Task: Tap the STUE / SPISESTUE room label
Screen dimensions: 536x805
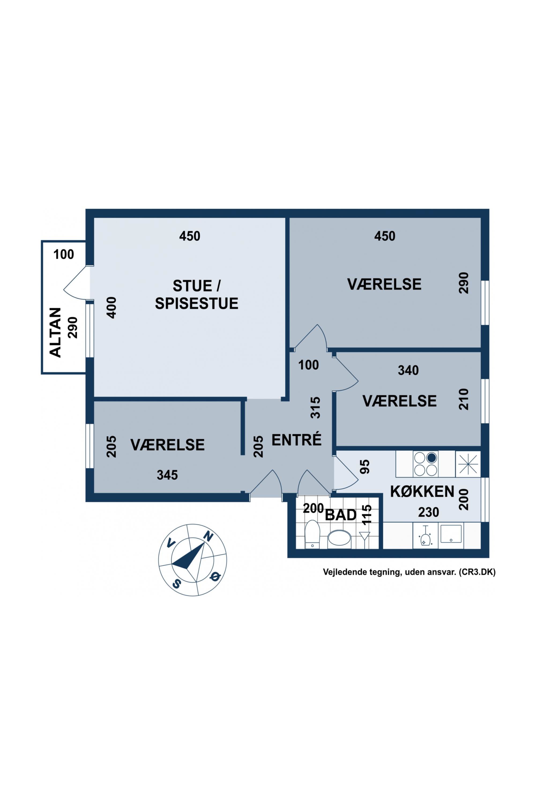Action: pyautogui.click(x=196, y=295)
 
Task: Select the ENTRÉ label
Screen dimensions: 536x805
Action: pyautogui.click(x=297, y=440)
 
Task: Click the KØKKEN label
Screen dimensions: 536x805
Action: pyautogui.click(x=422, y=492)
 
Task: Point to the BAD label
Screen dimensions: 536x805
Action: pyautogui.click(x=341, y=515)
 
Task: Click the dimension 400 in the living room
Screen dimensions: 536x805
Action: pyautogui.click(x=112, y=308)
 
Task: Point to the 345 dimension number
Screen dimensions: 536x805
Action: pyautogui.click(x=167, y=475)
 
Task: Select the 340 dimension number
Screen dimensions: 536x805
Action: pyautogui.click(x=408, y=370)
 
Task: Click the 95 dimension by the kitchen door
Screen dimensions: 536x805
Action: pyautogui.click(x=365, y=467)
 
